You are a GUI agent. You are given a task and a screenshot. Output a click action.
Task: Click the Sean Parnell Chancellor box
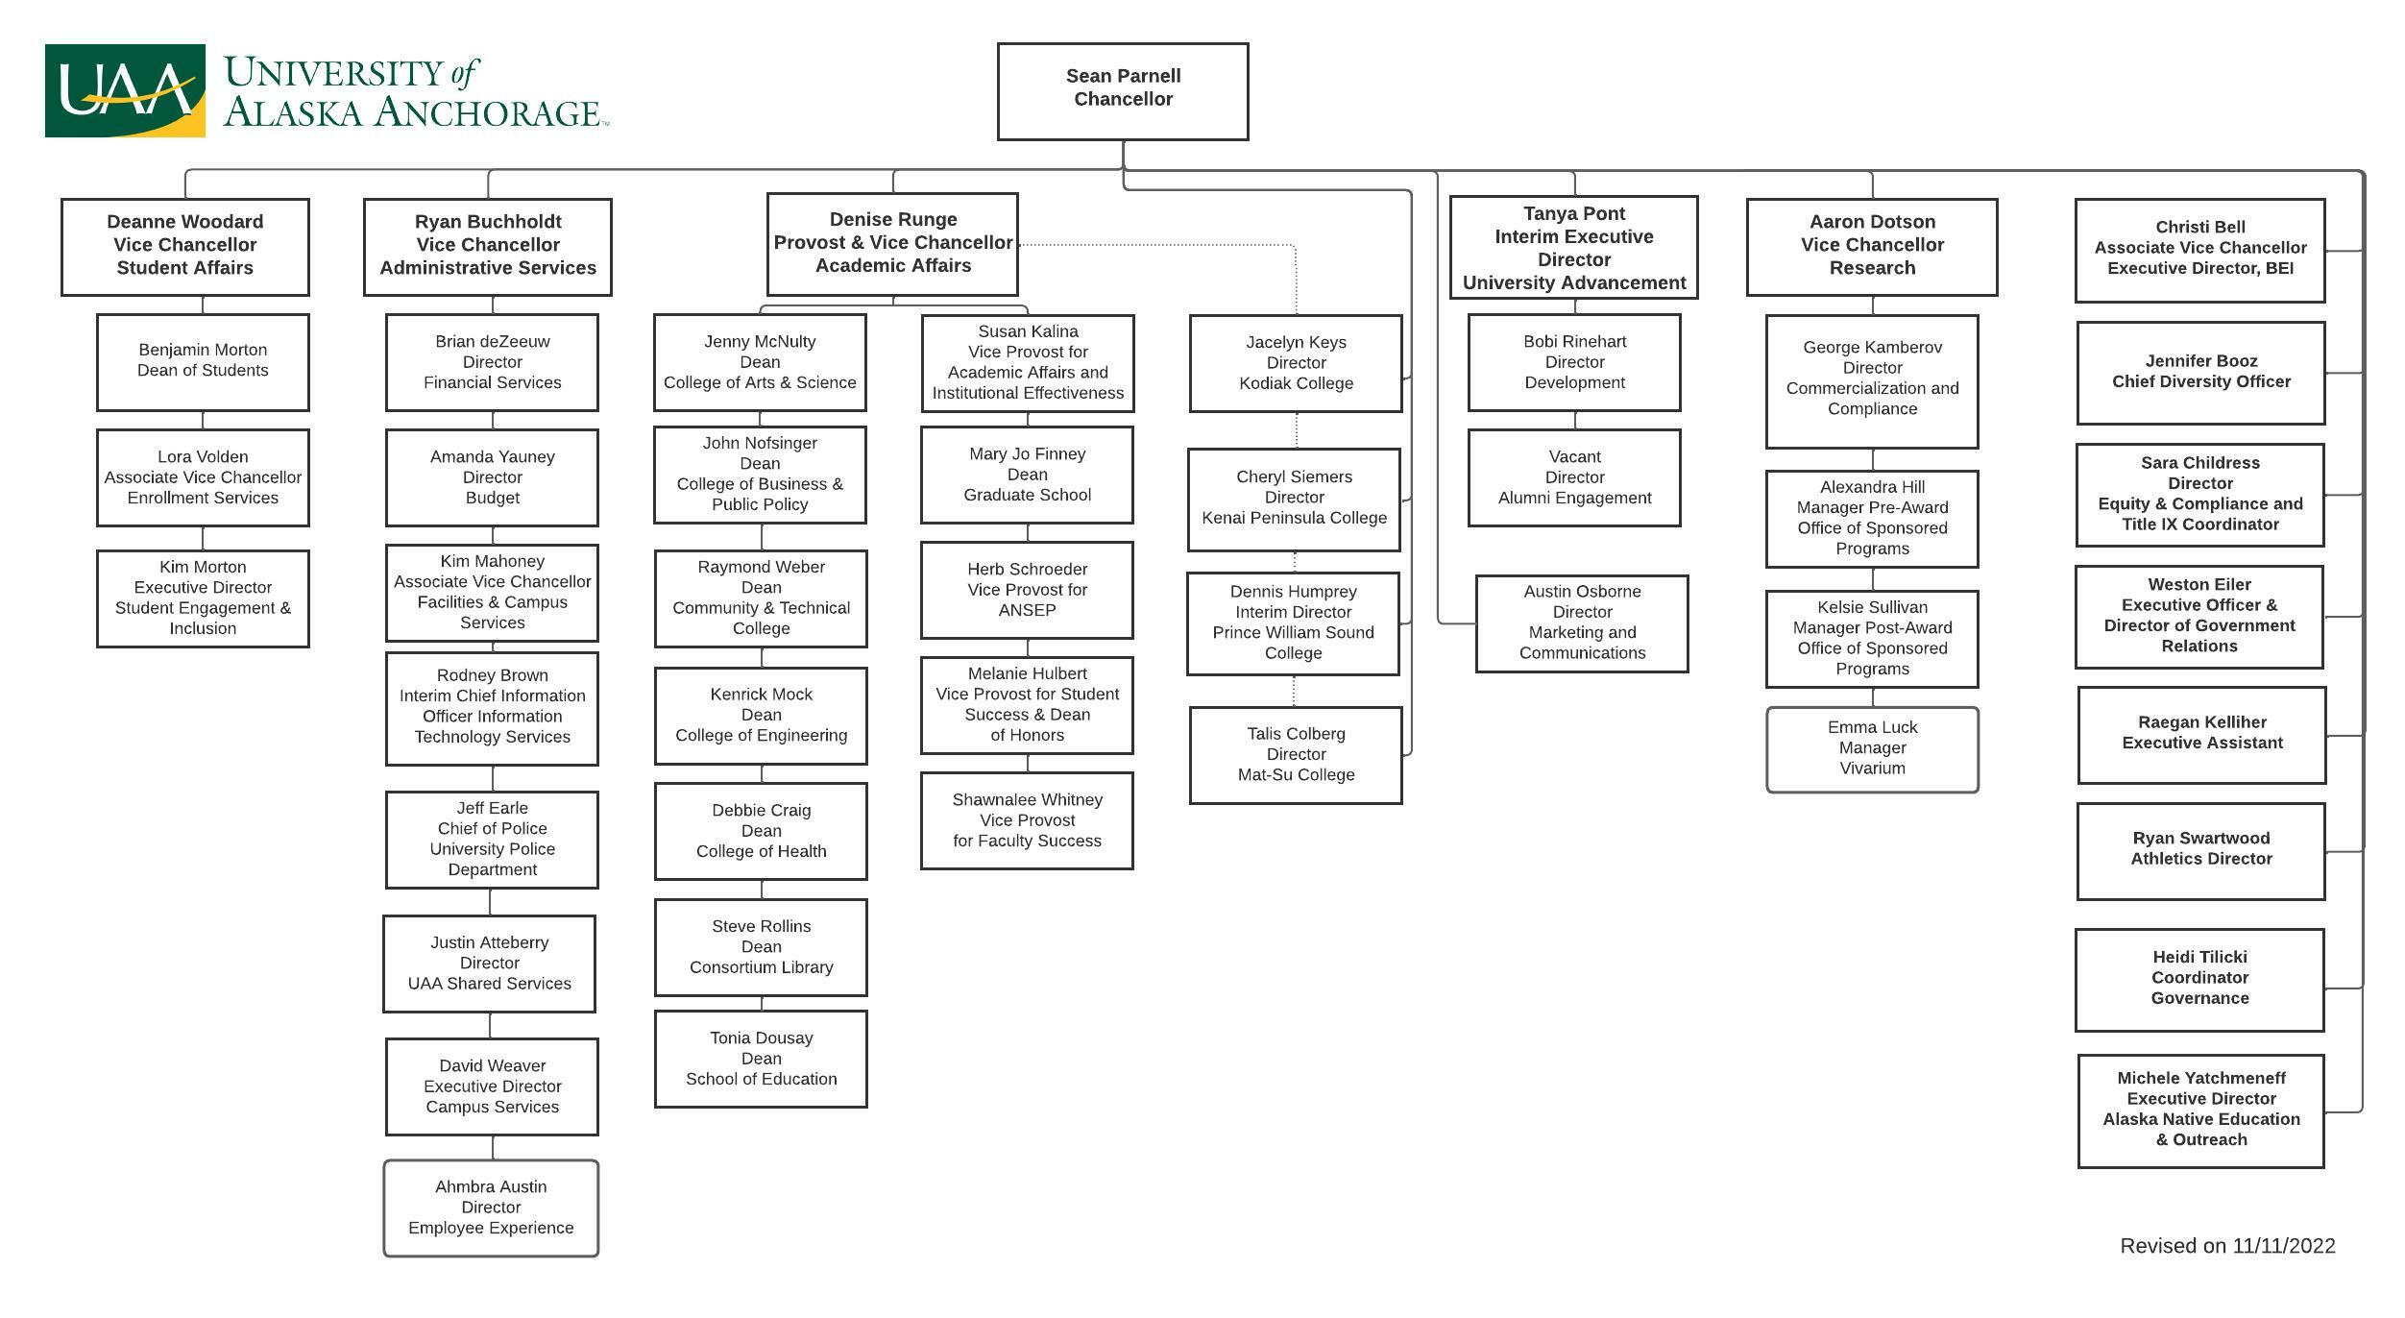point(1123,91)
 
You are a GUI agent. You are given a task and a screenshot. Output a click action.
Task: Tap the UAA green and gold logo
point(125,90)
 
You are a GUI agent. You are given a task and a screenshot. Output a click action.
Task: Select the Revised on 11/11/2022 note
point(2227,1246)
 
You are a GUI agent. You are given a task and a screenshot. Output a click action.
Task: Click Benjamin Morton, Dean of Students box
point(203,361)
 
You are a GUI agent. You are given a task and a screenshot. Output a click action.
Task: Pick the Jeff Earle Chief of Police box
point(492,839)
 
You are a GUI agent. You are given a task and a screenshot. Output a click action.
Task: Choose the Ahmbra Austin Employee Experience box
point(491,1208)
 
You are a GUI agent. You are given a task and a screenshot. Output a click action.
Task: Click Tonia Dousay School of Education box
point(761,1059)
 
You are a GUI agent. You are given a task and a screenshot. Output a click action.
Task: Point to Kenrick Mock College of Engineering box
point(761,715)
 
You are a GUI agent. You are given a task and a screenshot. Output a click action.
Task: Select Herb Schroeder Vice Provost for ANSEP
point(1027,590)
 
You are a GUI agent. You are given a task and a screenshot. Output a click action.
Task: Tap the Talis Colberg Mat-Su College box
point(1296,754)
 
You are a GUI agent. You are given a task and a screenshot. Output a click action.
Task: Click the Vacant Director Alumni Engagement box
point(1574,477)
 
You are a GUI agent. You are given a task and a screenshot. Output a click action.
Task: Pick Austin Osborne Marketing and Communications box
point(1582,622)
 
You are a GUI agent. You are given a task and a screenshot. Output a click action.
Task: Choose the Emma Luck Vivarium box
point(1872,748)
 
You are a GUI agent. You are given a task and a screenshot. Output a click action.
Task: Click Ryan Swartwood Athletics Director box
point(2200,850)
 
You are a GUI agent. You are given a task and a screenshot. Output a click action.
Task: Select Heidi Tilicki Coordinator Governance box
point(2199,979)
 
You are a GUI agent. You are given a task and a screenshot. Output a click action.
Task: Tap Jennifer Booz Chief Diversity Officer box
point(2200,372)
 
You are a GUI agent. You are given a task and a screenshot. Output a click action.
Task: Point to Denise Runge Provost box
point(892,243)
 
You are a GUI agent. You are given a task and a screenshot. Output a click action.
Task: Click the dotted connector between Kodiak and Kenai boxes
point(1297,430)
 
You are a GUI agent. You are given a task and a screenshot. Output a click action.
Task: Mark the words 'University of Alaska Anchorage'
point(413,92)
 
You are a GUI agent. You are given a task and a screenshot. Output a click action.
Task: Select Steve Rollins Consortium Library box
point(761,947)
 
